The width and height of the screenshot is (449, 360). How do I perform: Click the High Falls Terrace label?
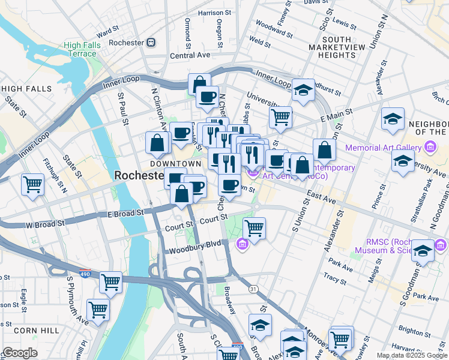[x=80, y=49]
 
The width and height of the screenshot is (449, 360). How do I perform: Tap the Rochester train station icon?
[x=151, y=43]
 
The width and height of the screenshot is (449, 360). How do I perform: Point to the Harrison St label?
[x=214, y=12]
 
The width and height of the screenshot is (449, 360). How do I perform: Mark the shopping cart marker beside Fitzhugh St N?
[x=32, y=184]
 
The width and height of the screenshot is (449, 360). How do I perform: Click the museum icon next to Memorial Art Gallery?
[x=430, y=146]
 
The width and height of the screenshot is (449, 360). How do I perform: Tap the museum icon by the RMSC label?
[x=441, y=245]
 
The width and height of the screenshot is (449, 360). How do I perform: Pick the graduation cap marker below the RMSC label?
[x=423, y=251]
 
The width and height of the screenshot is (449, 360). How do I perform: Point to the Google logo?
[x=20, y=353]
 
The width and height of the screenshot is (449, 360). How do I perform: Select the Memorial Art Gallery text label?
[x=384, y=147]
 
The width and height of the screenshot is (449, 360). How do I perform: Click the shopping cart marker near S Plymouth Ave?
[x=98, y=310]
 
